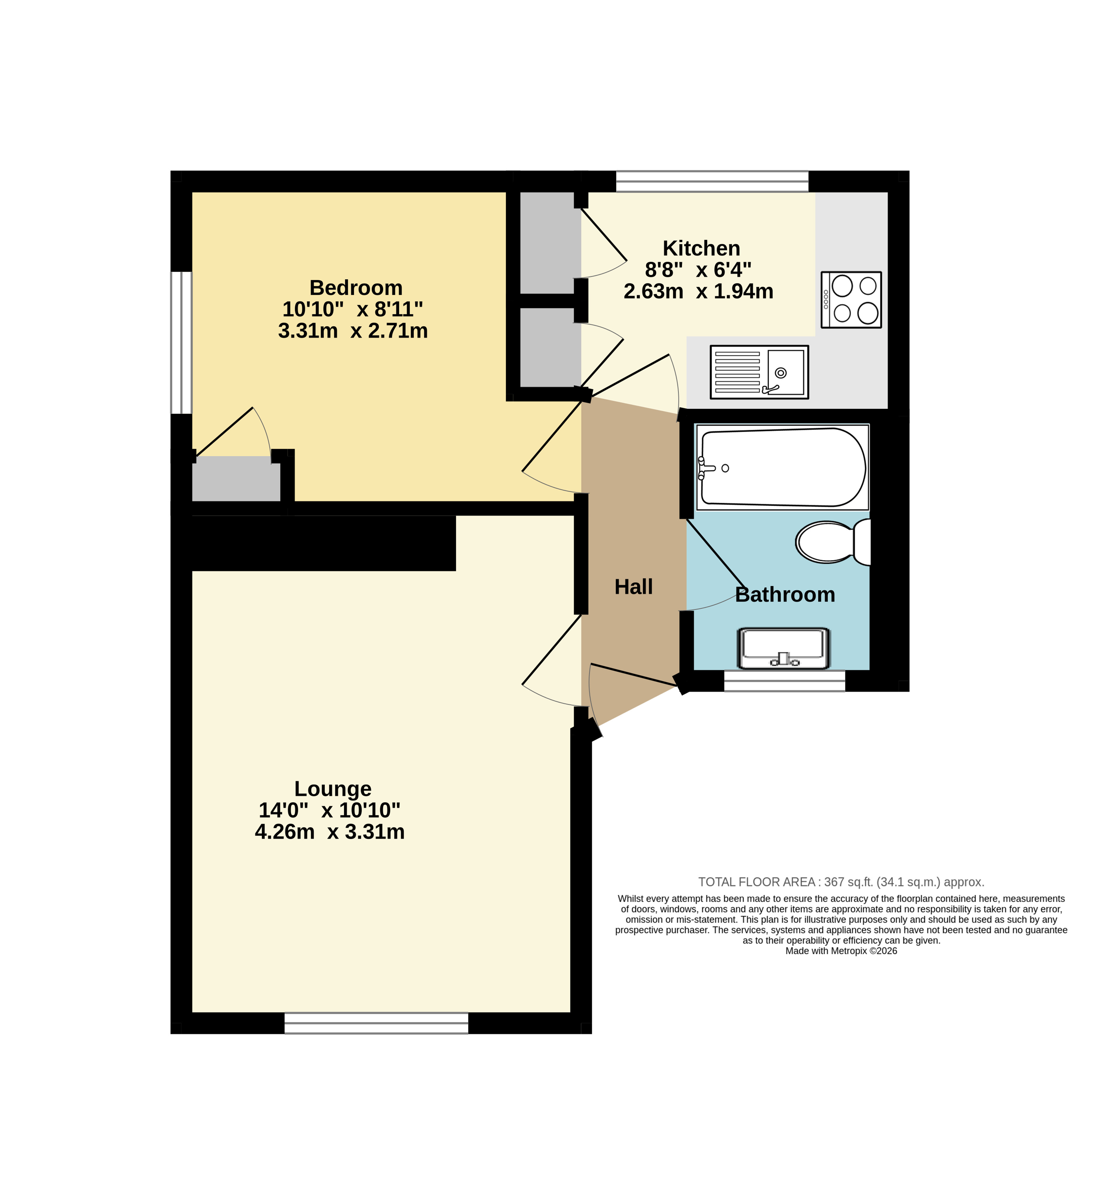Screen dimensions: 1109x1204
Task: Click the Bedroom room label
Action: [x=356, y=288]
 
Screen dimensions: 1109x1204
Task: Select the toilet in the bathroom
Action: [x=833, y=542]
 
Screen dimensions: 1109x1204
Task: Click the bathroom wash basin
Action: [x=784, y=648]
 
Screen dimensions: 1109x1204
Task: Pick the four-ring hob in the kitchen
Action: [x=851, y=299]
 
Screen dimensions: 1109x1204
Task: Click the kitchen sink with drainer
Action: [x=759, y=372]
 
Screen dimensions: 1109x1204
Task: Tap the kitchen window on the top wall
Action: [x=712, y=181]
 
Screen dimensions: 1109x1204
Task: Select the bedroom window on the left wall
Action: [x=181, y=343]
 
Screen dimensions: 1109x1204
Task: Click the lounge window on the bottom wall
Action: [x=376, y=1023]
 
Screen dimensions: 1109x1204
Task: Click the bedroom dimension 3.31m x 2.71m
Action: [x=353, y=331]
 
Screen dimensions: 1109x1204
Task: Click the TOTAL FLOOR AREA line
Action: [x=841, y=882]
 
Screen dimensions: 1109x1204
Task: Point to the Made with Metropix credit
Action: [x=841, y=951]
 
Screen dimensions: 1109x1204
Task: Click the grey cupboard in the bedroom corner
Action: [x=236, y=478]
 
